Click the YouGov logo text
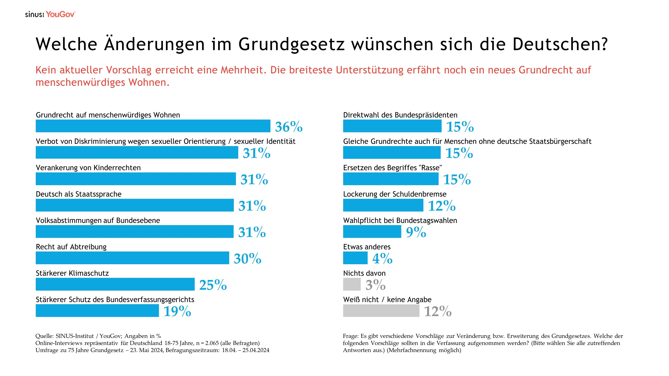tap(60, 14)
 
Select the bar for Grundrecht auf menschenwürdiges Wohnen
tap(153, 126)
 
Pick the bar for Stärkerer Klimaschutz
tap(115, 284)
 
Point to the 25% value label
tap(213, 285)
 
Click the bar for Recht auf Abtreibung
tap(132, 258)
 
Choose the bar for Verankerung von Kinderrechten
tap(136, 179)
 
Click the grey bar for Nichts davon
tap(352, 284)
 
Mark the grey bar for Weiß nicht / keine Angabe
tap(381, 311)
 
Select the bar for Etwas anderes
tap(355, 258)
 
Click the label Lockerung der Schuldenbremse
tap(394, 194)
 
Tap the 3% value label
tap(375, 285)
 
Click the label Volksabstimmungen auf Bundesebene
tap(98, 221)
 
